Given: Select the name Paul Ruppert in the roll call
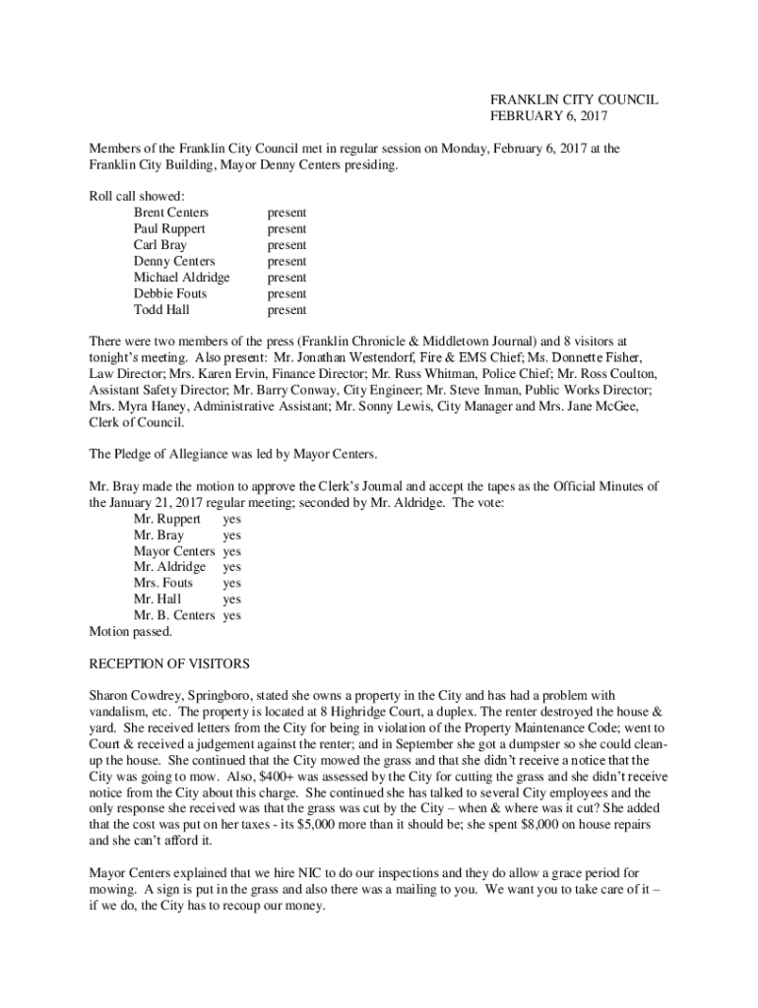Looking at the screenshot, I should (169, 228).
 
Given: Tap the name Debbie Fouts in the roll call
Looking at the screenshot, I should (170, 293).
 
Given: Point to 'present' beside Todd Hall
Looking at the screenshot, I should (286, 310).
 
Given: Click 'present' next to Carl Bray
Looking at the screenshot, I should (286, 245).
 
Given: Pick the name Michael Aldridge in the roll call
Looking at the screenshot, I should (181, 278).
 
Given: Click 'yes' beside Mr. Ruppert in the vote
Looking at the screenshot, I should (231, 519).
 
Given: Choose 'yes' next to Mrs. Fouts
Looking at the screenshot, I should (231, 583).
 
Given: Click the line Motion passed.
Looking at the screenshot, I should (130, 631).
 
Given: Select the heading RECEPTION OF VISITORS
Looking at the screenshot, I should (169, 662).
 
